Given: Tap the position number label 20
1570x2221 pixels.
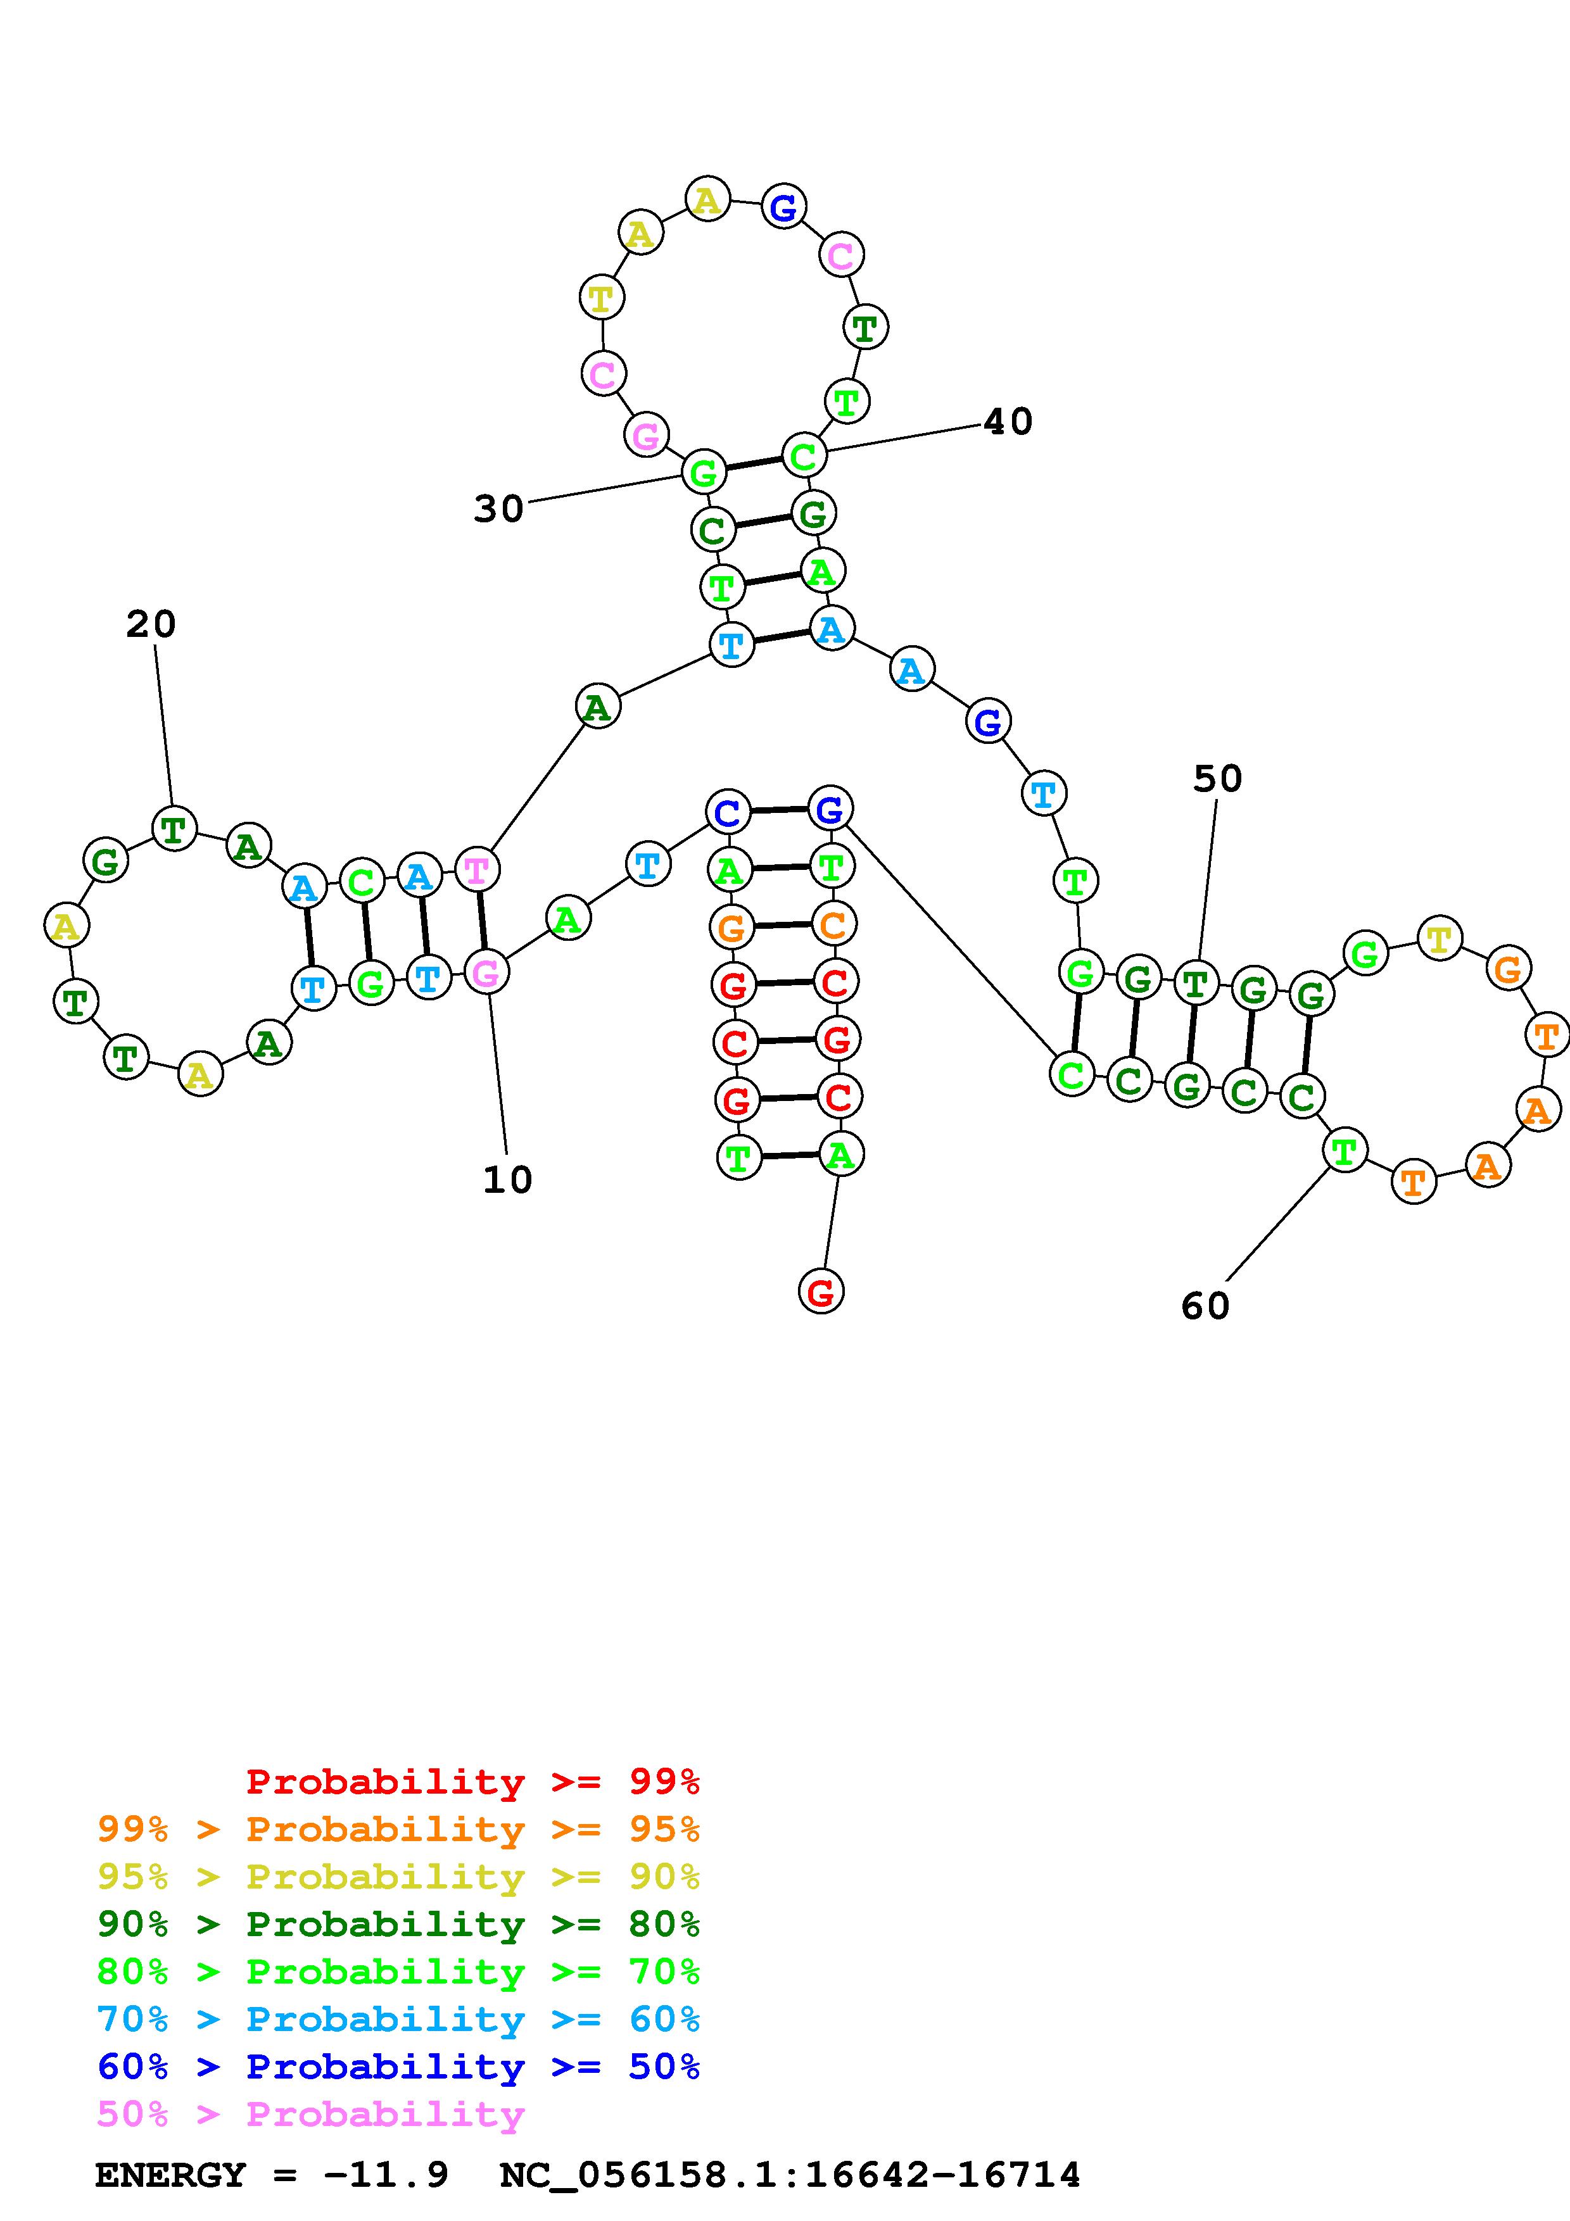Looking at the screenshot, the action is click(x=151, y=625).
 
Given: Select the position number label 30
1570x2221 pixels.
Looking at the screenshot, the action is click(x=498, y=509).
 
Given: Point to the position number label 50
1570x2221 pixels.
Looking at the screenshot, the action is click(x=1217, y=779).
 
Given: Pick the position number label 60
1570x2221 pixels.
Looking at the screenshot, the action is click(x=1205, y=1306).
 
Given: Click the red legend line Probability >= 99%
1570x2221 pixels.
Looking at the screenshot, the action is click(x=473, y=1781).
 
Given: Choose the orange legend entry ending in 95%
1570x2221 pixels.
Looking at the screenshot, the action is click(x=398, y=1829).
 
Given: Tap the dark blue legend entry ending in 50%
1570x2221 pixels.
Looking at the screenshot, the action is click(x=398, y=2067).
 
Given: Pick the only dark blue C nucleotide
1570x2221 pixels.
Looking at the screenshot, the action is click(x=728, y=812).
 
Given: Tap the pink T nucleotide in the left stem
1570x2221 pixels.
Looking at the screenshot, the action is click(x=477, y=870).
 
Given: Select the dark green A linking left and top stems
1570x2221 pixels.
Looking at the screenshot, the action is click(x=598, y=707).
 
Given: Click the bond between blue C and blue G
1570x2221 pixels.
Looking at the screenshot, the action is click(x=779, y=810).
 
